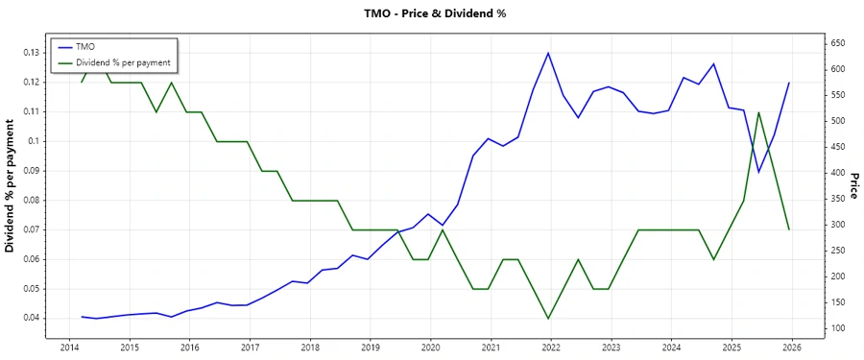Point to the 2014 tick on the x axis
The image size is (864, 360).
coord(69,347)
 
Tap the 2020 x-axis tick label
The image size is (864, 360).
coord(430,347)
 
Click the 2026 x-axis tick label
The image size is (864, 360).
coord(791,347)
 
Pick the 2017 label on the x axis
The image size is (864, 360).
coord(250,347)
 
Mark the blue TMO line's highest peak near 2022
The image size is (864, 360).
coord(548,53)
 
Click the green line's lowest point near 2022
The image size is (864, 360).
coord(548,319)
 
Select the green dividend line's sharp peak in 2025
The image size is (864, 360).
coord(758,112)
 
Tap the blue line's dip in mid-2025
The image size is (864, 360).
coord(758,173)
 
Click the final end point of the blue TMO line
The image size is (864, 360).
coord(789,83)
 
